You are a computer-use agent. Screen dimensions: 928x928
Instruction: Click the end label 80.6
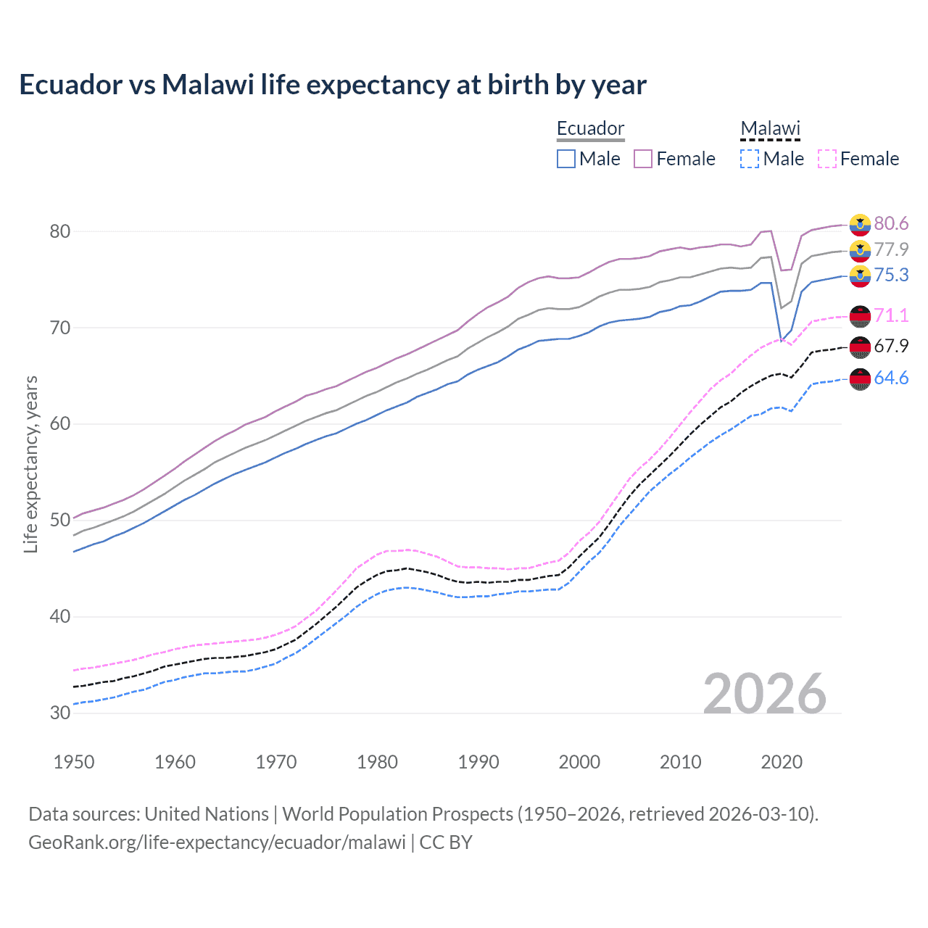[891, 223]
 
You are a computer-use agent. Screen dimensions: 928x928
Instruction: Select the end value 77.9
[891, 249]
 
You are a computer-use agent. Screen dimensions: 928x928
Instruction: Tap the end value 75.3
[891, 275]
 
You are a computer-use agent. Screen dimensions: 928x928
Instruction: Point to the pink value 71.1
[891, 315]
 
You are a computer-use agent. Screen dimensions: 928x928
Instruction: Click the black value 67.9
[891, 346]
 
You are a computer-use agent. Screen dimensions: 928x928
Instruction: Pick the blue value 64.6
[891, 378]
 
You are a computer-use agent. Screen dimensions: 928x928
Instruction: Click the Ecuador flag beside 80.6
[860, 225]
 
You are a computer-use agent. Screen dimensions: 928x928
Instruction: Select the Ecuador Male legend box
[566, 159]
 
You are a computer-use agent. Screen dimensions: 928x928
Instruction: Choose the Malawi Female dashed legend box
[827, 159]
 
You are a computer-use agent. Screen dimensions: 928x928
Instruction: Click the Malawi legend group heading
[770, 128]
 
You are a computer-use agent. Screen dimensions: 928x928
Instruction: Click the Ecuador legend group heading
[590, 128]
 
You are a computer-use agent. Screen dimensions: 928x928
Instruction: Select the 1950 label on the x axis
[74, 762]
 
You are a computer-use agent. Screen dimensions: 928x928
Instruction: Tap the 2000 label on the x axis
[579, 762]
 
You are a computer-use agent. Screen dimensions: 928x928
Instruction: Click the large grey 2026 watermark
[764, 694]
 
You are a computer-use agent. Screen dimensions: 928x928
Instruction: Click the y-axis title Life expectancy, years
[30, 464]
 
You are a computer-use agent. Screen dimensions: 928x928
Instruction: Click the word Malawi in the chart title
[207, 85]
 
